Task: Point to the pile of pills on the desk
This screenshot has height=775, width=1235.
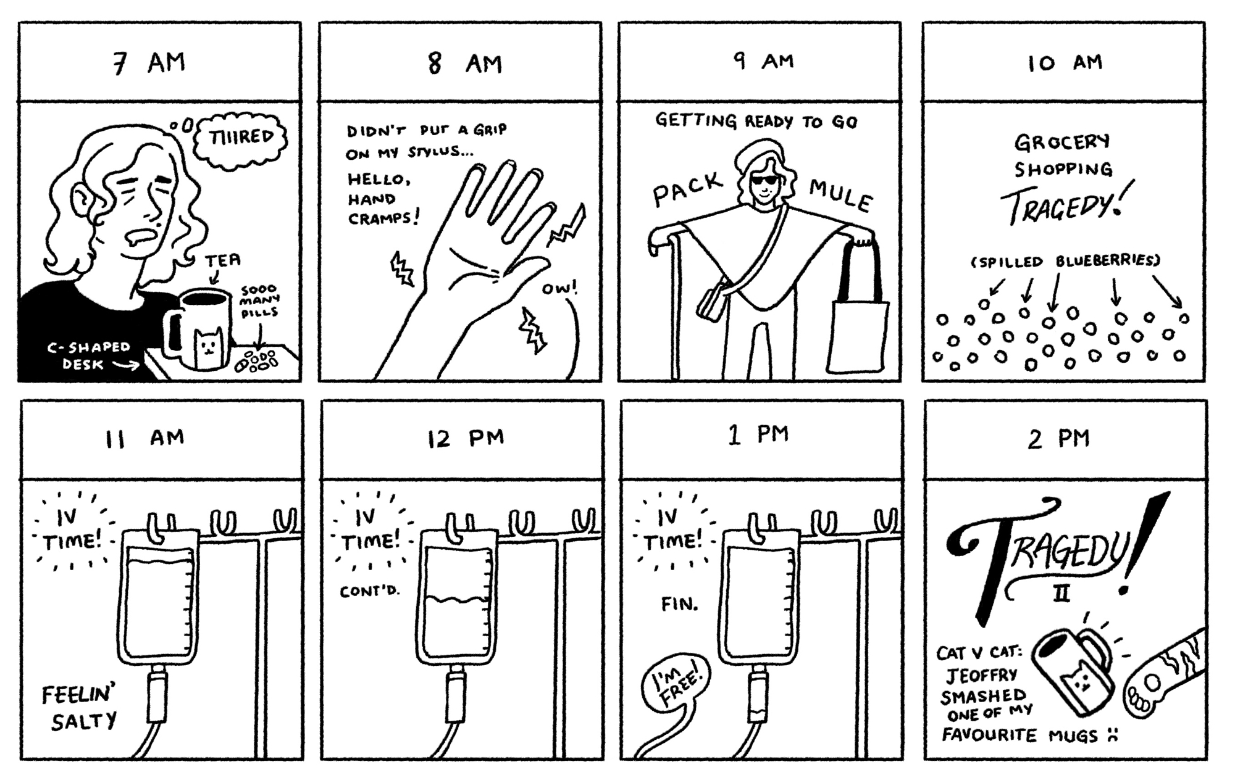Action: (256, 361)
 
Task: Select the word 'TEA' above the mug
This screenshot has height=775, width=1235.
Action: (223, 260)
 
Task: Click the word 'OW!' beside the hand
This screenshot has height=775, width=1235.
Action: (559, 288)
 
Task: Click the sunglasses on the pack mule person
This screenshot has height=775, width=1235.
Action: (763, 181)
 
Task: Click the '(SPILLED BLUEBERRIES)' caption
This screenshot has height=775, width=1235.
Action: (1066, 262)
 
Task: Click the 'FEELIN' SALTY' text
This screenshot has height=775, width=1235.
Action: (80, 708)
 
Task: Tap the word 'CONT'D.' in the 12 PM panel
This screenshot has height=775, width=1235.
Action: (370, 591)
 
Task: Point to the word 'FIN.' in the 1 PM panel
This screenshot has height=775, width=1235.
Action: (679, 603)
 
